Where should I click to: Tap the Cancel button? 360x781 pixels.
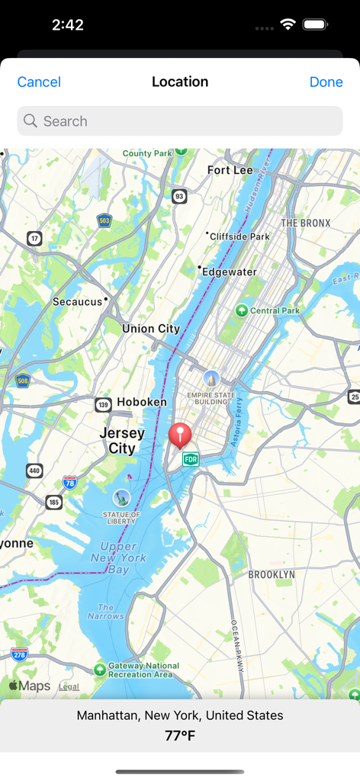(39, 82)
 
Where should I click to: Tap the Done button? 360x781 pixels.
(326, 82)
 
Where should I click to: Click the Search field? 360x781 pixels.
(180, 121)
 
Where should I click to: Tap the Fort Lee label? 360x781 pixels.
(230, 170)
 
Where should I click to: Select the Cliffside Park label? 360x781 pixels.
(239, 236)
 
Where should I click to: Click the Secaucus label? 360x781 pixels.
(77, 301)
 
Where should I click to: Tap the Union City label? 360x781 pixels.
(151, 329)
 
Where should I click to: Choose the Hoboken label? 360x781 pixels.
(142, 402)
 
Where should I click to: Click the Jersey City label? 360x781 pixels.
(122, 441)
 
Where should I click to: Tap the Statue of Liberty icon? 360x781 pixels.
(121, 498)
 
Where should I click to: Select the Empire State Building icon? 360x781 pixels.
(211, 378)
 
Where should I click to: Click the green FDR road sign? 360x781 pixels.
(191, 459)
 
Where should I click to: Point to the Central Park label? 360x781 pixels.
(275, 310)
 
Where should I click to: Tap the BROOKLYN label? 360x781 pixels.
(272, 574)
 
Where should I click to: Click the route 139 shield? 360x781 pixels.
(103, 404)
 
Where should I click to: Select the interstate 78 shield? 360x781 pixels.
(70, 483)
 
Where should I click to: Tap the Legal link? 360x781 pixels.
(69, 686)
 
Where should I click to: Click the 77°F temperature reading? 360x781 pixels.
(180, 736)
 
